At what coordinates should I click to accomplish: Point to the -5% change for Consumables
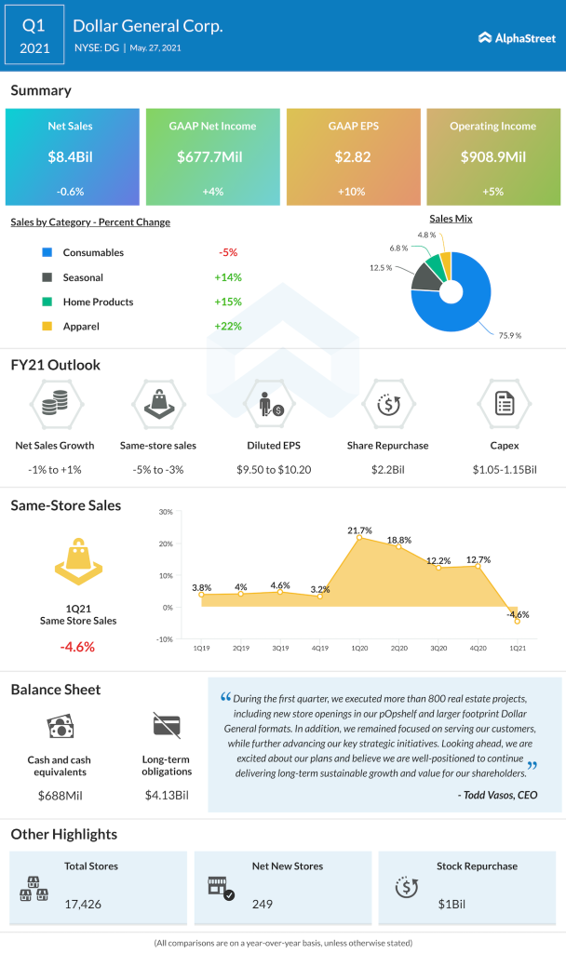pyautogui.click(x=228, y=253)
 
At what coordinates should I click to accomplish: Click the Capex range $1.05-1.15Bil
pyautogui.click(x=505, y=471)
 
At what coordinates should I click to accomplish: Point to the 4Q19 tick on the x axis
pyautogui.click(x=318, y=647)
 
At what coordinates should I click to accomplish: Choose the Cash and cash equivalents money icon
pyautogui.click(x=58, y=728)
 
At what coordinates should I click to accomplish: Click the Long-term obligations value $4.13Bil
pyautogui.click(x=167, y=795)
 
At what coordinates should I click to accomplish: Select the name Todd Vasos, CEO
pyautogui.click(x=497, y=795)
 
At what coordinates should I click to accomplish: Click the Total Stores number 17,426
pyautogui.click(x=84, y=903)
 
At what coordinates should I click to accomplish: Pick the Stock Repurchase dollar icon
pyautogui.click(x=407, y=887)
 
